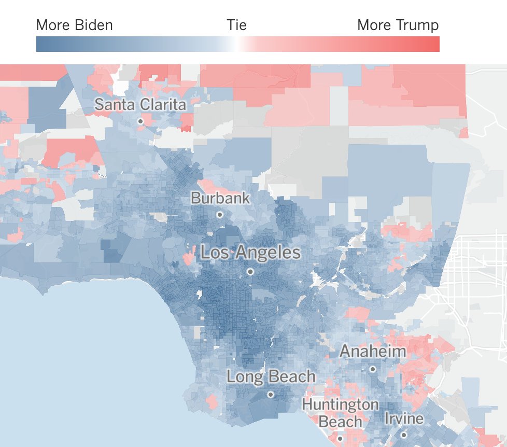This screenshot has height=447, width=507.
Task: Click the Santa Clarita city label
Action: click(140, 104)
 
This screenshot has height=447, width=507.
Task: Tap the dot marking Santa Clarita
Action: click(140, 121)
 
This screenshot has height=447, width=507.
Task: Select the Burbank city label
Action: click(220, 198)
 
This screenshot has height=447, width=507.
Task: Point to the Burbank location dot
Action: click(220, 214)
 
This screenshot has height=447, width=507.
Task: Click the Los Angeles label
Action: click(250, 253)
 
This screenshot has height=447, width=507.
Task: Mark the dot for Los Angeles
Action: click(250, 271)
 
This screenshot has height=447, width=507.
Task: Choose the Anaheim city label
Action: click(372, 352)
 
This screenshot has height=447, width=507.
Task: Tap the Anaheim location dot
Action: click(372, 369)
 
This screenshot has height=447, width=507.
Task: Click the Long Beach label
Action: click(271, 376)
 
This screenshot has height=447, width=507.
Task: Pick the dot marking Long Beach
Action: click(271, 395)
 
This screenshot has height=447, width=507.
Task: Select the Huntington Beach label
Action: click(340, 413)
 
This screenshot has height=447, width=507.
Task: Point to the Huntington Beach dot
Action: click(340, 439)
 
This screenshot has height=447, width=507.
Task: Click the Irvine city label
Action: click(404, 418)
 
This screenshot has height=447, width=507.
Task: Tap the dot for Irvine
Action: click(404, 435)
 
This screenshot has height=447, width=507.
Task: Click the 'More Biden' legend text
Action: click(75, 25)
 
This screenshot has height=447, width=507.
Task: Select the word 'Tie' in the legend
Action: click(236, 25)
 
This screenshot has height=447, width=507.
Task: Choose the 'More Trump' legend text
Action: click(398, 25)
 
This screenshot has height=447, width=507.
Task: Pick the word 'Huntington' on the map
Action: click(340, 404)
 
